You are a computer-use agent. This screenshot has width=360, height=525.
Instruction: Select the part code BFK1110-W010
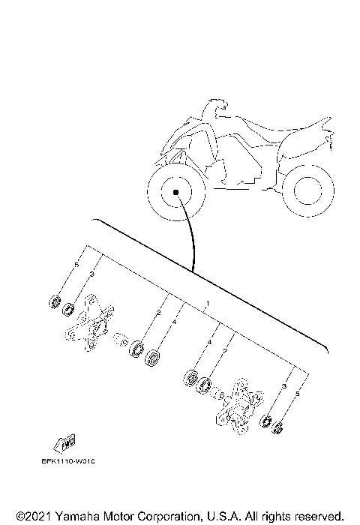point(74,462)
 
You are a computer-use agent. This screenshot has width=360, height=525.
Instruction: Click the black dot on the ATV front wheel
point(175,192)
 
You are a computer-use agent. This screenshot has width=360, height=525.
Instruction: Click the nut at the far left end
point(54,301)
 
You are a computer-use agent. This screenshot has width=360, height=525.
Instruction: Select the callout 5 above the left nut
point(76,265)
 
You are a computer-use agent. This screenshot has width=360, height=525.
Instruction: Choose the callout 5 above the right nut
point(297,394)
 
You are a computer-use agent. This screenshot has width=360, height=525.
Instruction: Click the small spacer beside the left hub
point(121,342)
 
